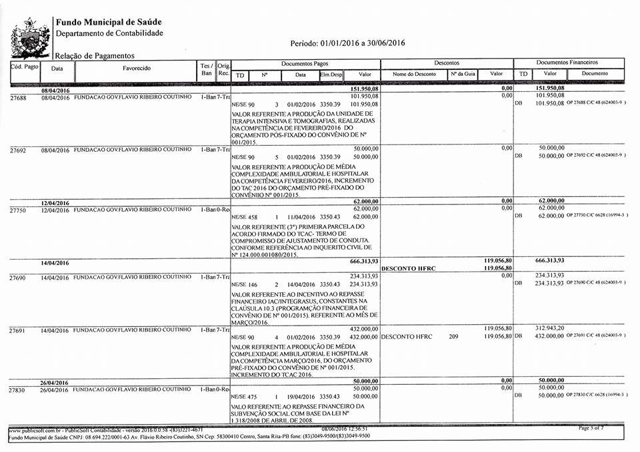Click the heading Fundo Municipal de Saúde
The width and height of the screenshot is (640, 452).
[x=109, y=22]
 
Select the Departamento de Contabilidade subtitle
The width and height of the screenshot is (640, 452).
[x=109, y=33]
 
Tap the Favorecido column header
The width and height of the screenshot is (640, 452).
[x=137, y=68]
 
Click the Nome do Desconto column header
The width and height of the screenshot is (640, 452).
[x=413, y=74]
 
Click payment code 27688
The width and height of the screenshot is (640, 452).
[x=18, y=97]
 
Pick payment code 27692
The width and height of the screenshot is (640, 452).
[x=18, y=150]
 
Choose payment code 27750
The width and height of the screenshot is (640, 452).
[x=18, y=210]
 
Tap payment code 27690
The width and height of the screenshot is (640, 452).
[x=18, y=276]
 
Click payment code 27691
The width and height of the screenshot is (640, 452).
[x=18, y=330]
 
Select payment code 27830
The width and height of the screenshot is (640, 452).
[x=18, y=389]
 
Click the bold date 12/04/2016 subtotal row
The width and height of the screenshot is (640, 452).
[x=55, y=203]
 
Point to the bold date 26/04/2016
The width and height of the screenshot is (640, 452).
[x=55, y=383]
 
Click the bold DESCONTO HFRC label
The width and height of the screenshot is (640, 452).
[x=408, y=268]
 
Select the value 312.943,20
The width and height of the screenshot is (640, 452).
[x=553, y=329]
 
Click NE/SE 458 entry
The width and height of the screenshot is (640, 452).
[x=244, y=217]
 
